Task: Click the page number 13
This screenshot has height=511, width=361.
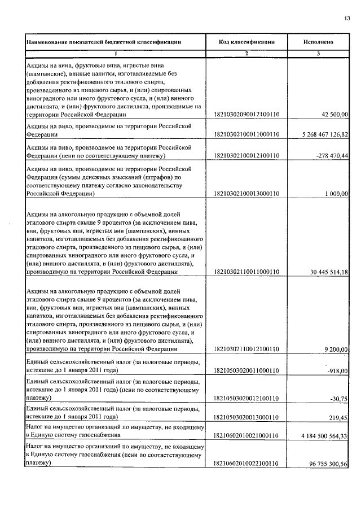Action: pos(347,18)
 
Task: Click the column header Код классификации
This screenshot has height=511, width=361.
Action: pos(246,42)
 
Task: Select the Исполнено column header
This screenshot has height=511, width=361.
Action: pos(318,42)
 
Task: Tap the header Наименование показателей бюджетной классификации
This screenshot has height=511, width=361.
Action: pos(103,42)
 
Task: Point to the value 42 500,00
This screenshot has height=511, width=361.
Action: pos(335,115)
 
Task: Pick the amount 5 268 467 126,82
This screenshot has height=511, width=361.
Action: pos(318,134)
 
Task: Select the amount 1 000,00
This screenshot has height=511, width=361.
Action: pos(337,193)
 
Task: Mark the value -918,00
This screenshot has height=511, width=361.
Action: pos(338,370)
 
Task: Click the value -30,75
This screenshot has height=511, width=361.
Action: pos(340,398)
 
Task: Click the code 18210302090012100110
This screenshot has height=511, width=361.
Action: pos(246,115)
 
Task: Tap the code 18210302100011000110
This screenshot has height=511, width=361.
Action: pos(246,134)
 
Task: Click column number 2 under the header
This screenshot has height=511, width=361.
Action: pos(246,53)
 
